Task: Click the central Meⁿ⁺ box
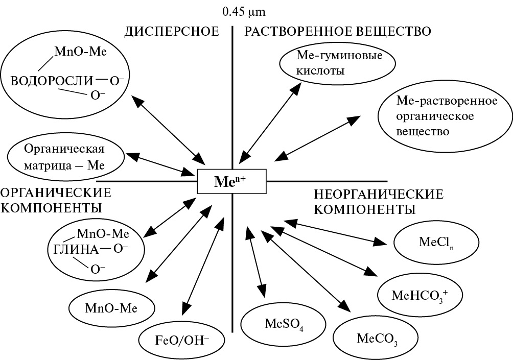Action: (x=232, y=181)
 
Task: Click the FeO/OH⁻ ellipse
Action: (x=182, y=338)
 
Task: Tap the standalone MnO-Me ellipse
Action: (x=111, y=308)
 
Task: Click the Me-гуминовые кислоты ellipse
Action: (x=338, y=63)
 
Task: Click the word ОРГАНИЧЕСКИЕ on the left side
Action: (x=56, y=193)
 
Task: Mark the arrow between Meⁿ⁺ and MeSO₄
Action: (x=255, y=260)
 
